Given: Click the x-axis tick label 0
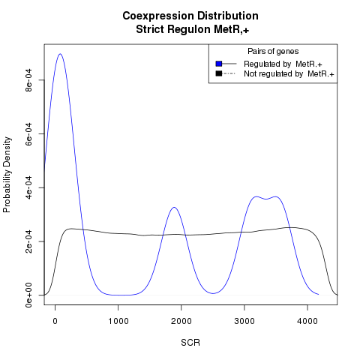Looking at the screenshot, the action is coord(55,321).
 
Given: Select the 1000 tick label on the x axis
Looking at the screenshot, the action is coord(118,321).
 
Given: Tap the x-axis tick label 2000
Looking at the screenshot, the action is coord(181,321).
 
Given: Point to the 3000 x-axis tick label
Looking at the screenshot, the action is coord(244,321).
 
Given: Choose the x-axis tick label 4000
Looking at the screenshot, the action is coord(307,321).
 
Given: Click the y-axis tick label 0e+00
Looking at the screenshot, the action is coord(29,295).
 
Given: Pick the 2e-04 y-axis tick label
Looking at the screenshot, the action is coord(29,241).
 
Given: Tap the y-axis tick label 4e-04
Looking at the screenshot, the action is coord(29,187).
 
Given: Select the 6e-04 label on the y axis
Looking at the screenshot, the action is coord(29,133).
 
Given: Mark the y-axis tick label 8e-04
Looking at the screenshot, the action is coord(29,80).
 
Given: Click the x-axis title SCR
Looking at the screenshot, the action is coord(190,343).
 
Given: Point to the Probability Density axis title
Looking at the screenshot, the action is coord(7,175).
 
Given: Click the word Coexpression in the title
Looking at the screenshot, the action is coord(158,16).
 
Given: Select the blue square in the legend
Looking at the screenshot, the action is coord(219,64).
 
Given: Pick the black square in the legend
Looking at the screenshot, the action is coord(219,73).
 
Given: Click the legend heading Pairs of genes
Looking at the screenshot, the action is coord(273,52).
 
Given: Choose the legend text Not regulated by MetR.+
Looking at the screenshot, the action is coord(289,74).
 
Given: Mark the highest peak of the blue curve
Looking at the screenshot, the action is coord(60,54).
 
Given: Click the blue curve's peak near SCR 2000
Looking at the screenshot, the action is coord(174,207).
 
